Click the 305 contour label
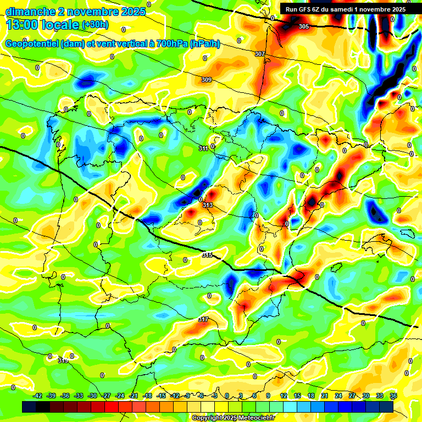click(x=304, y=26)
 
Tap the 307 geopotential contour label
click(x=260, y=54)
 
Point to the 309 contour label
click(x=207, y=80)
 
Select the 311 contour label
click(x=203, y=148)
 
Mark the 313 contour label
click(x=208, y=205)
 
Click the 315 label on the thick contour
click(x=207, y=255)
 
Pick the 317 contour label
click(x=203, y=319)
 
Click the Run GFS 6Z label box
click(x=345, y=9)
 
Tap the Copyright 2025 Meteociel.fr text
click(x=234, y=418)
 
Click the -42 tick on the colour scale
click(x=37, y=396)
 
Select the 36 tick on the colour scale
click(x=393, y=396)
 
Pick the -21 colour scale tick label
click(x=134, y=396)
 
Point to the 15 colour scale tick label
click(x=297, y=396)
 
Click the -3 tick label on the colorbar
click(x=215, y=396)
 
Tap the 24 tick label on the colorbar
click(x=338, y=396)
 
